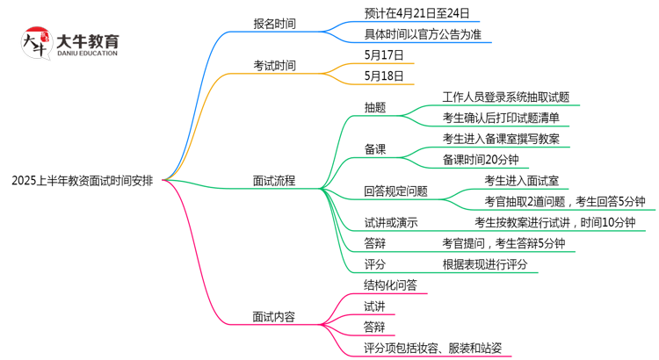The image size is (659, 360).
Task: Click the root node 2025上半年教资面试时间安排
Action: (83, 181)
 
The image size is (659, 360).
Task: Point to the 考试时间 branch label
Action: (273, 65)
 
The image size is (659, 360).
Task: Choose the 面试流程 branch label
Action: (273, 181)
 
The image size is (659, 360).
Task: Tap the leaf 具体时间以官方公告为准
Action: (423, 34)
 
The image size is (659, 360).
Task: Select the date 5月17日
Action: (384, 54)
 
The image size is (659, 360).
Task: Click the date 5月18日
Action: (384, 76)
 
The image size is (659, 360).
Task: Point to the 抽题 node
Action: (375, 107)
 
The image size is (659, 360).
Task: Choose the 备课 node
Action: (375, 149)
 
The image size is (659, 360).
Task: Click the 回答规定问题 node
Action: (395, 191)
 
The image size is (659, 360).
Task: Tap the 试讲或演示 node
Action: (390, 222)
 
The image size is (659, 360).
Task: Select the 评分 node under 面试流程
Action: (375, 263)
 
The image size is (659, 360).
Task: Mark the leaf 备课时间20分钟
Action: (481, 160)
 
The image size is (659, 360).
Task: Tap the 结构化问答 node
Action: (390, 284)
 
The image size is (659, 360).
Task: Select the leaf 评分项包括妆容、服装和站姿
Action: (432, 349)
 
